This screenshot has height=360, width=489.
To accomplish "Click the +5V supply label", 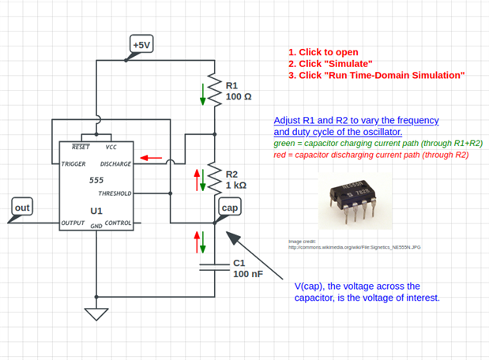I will click(141, 45).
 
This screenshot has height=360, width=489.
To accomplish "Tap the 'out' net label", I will click(22, 208).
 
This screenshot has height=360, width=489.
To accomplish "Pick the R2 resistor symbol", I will click(214, 178).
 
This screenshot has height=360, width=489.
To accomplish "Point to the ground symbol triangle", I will click(97, 313).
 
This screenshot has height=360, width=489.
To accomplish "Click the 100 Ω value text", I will click(239, 96).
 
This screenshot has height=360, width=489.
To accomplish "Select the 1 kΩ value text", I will click(239, 185).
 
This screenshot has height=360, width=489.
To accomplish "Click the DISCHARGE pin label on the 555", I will click(115, 163).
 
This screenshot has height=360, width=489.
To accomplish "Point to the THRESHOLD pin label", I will click(115, 193).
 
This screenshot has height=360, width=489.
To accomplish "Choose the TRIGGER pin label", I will click(74, 163).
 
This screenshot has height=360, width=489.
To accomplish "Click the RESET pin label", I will click(81, 147).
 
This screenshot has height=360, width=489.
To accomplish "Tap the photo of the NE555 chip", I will click(355, 201).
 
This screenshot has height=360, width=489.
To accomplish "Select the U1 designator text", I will click(96, 212).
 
